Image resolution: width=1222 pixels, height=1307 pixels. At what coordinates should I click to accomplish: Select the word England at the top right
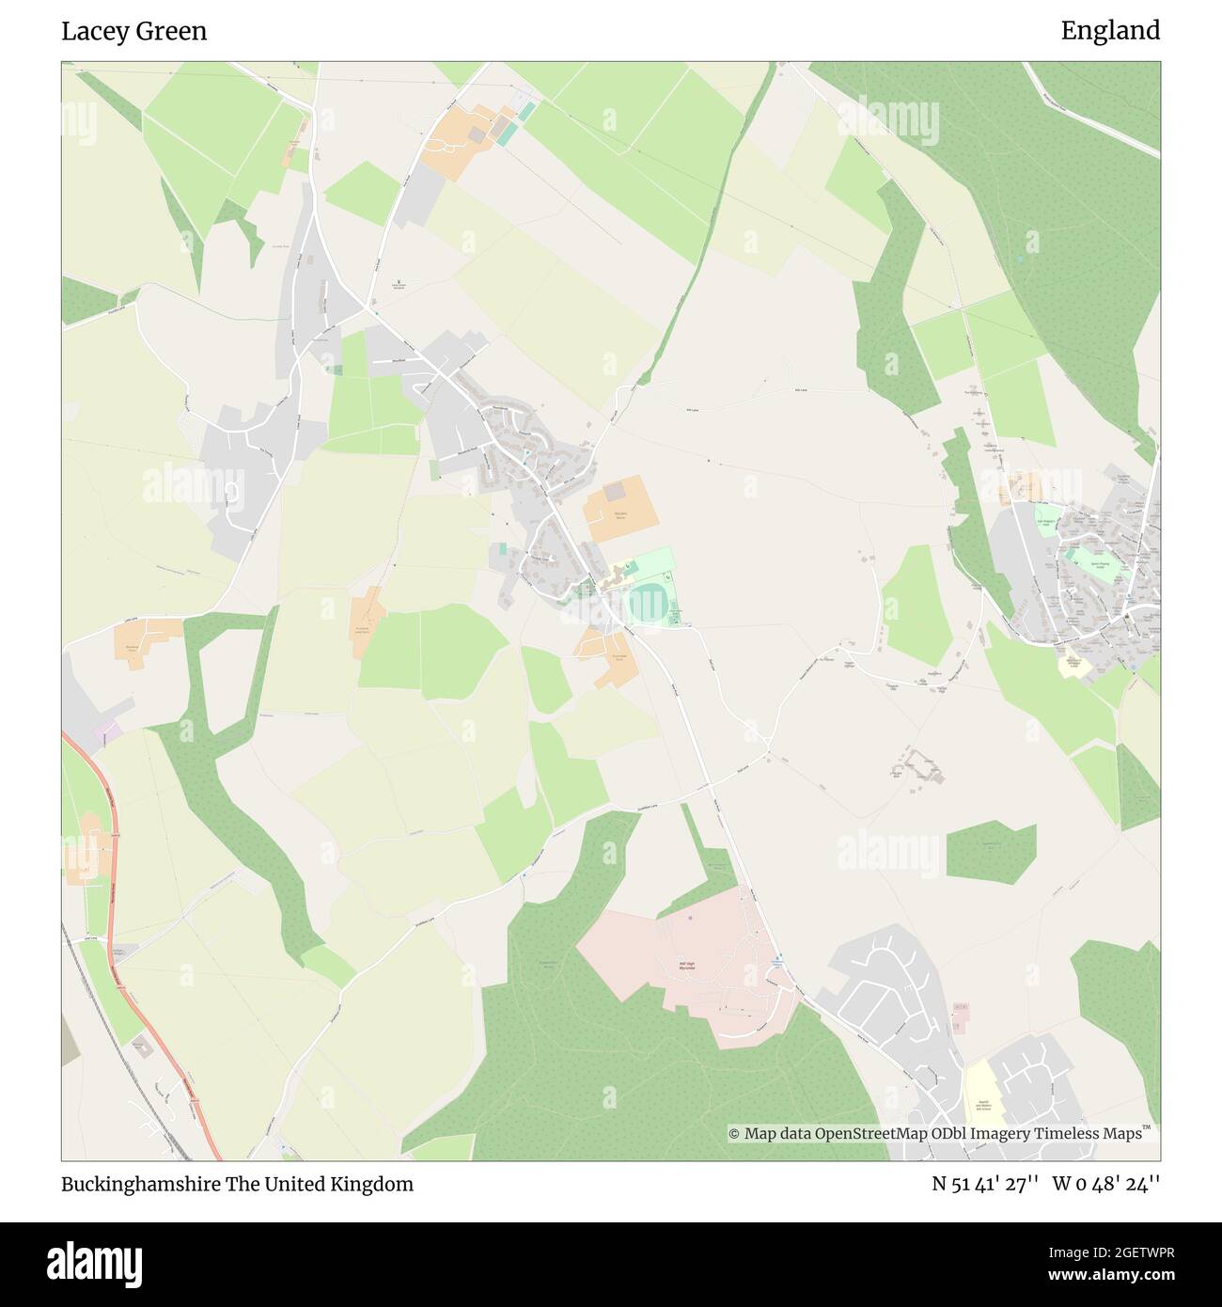coord(1110,31)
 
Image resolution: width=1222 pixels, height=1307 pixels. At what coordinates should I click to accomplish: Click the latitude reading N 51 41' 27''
coord(984,1184)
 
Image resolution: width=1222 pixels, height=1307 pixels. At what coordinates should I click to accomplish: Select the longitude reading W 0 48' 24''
coord(1106,1184)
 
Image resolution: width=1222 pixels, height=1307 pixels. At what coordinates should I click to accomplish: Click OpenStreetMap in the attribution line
coord(871,1134)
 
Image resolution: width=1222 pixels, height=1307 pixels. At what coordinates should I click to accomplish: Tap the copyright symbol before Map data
coord(734,1134)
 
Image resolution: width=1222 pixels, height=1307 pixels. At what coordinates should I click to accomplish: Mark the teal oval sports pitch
coord(646,602)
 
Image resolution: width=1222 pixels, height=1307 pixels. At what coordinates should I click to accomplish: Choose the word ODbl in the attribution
coord(947,1134)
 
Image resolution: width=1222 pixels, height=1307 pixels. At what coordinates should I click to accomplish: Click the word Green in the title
coord(171,31)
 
